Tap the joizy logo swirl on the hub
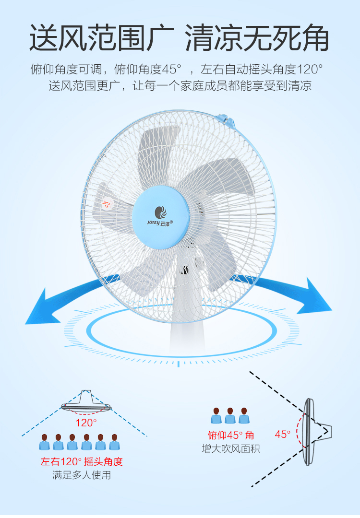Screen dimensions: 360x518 pos(160,211)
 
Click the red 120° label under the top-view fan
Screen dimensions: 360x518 pos(86,423)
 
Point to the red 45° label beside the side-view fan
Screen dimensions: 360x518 pos(283,434)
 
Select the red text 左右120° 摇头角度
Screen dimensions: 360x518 pos(82,462)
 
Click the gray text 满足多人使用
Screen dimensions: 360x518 pos(82,475)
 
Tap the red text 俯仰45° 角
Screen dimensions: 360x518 pos(231,435)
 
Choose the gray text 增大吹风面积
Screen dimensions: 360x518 pos(231,449)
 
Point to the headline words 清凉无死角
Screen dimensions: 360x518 pos(257,38)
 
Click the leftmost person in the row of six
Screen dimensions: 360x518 pos(45,442)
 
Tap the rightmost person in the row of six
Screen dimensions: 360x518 pos(114,442)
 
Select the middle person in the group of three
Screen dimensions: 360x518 pos(230,416)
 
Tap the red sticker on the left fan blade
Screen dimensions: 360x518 pos(107,203)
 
